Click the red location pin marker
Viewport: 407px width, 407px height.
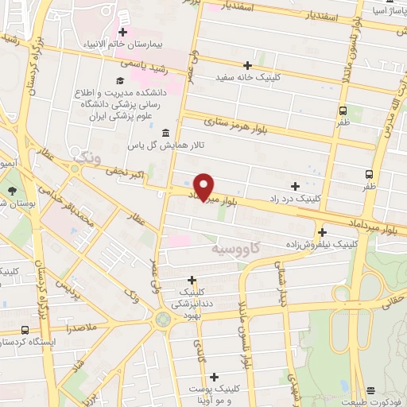coord(204,186)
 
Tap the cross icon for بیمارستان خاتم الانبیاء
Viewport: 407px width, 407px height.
coord(122,32)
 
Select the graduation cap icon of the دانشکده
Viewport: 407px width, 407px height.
coord(120,80)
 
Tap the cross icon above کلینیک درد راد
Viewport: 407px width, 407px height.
coord(296,185)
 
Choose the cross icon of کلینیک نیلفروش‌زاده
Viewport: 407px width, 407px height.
coord(321,232)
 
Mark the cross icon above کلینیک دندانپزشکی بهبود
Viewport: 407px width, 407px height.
coord(192,280)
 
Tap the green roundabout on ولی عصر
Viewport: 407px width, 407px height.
coord(164,320)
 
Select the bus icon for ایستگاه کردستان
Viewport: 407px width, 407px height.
coord(25,330)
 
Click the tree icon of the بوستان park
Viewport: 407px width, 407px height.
coord(13,191)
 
